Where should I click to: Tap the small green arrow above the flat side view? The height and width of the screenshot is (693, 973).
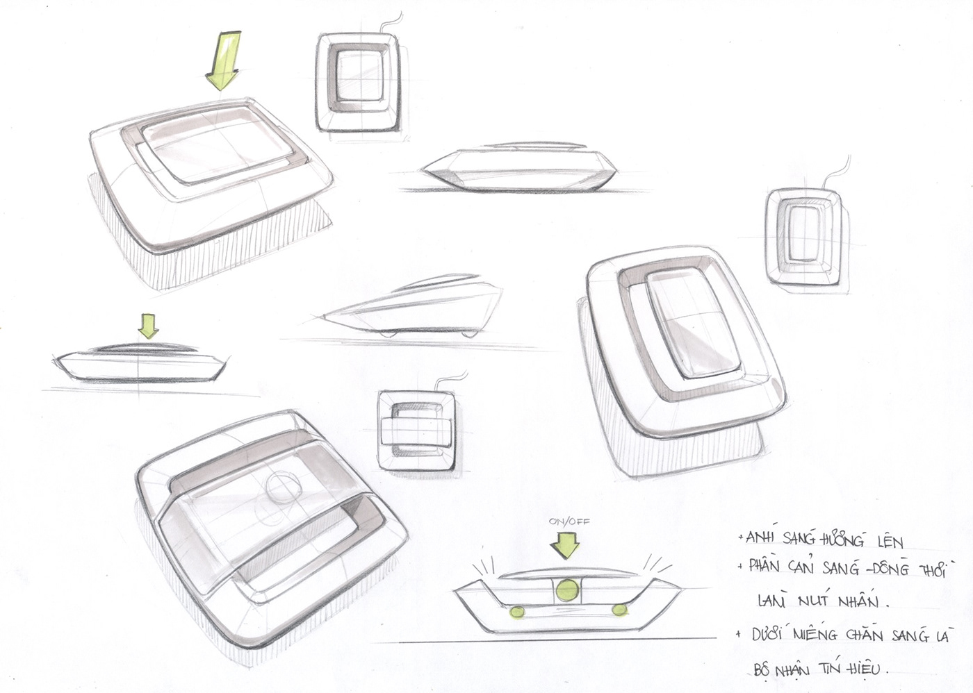pyautogui.click(x=148, y=324)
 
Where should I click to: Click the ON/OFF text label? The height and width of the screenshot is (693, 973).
pyautogui.click(x=563, y=521)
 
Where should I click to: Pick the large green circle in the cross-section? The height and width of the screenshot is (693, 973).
pyautogui.click(x=567, y=590)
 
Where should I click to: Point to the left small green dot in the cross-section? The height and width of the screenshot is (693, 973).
pyautogui.click(x=517, y=611)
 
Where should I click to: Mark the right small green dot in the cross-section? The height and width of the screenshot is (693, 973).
pyautogui.click(x=619, y=609)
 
